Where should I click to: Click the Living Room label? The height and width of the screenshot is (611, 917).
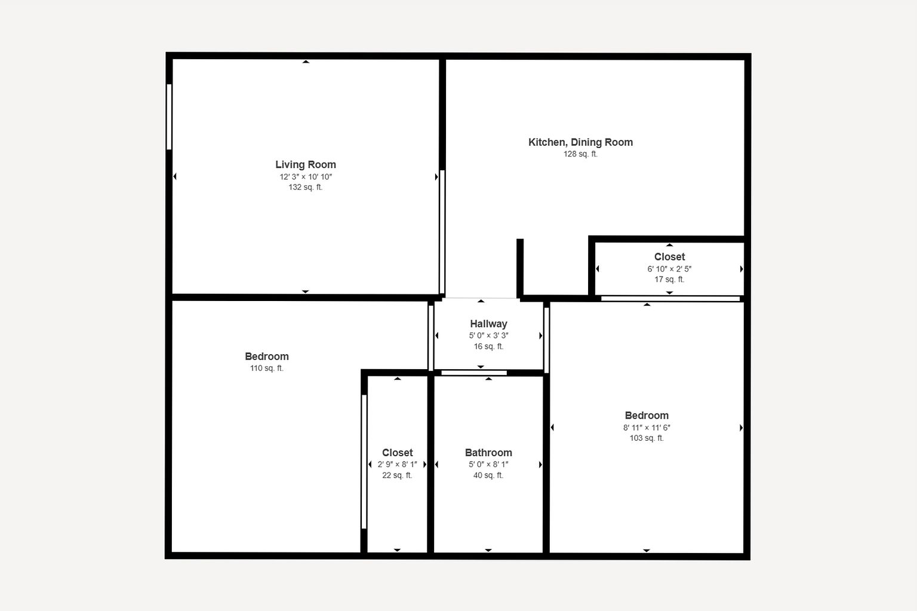[306, 165]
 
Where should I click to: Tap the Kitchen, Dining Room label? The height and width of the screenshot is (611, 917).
[580, 142]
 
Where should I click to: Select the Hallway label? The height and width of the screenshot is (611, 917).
[488, 324]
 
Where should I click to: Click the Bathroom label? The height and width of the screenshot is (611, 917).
[488, 453]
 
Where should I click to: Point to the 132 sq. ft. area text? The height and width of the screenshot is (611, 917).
[306, 187]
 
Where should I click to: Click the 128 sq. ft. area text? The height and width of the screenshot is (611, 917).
[580, 154]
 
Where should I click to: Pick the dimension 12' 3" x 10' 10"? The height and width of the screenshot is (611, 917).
[306, 177]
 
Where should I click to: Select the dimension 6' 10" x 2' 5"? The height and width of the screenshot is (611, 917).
[669, 269]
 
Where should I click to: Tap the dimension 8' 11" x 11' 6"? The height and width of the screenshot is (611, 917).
[647, 428]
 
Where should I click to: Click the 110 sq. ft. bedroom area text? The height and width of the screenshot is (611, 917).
[266, 368]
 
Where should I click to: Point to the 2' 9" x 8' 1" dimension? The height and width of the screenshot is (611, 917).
[397, 465]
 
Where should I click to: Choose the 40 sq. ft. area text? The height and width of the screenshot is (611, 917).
[488, 475]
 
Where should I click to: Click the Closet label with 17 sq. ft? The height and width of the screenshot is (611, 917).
[669, 257]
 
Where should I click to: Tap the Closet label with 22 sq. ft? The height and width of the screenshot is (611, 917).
[397, 453]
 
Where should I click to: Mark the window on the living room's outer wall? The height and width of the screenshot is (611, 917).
[169, 116]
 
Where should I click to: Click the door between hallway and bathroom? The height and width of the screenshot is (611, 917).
[474, 373]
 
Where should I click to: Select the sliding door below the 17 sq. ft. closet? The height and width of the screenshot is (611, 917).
[670, 299]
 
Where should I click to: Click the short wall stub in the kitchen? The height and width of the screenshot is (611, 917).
[520, 268]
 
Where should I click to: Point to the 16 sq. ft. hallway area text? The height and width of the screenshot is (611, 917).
[488, 346]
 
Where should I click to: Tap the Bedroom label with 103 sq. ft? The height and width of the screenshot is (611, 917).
[647, 415]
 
